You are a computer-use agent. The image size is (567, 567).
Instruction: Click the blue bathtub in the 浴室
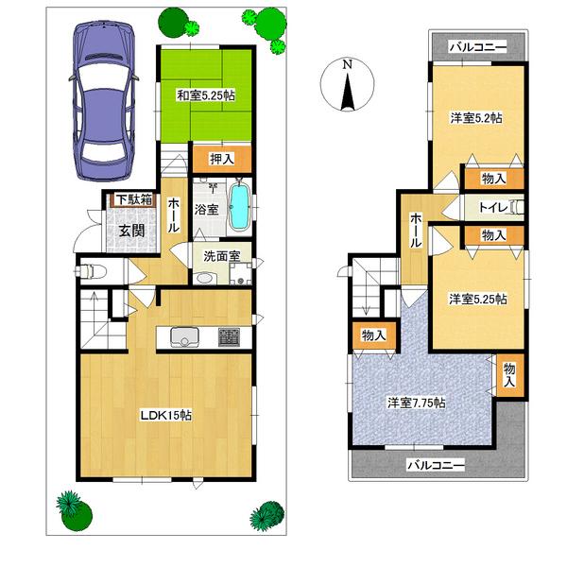[x=239, y=205]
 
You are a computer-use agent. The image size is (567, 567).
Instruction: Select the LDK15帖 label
[x=166, y=414]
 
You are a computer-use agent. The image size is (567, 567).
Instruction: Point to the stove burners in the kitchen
[x=230, y=335]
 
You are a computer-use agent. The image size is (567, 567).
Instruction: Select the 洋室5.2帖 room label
[x=475, y=118]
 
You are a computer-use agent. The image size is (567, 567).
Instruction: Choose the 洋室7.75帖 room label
[x=416, y=403]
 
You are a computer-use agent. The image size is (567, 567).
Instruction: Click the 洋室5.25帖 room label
[x=477, y=300]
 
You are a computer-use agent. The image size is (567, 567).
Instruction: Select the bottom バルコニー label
[x=435, y=465]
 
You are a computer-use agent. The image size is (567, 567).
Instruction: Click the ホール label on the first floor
[x=176, y=215]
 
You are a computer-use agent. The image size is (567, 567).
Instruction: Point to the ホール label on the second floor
[x=417, y=231]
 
